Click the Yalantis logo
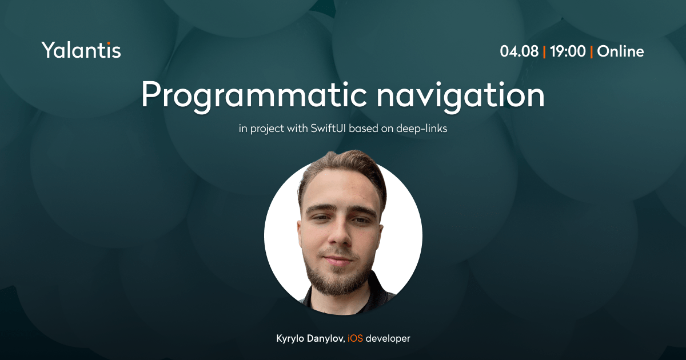[81, 50]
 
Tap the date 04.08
[519, 51]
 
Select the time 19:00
[568, 51]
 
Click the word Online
[620, 51]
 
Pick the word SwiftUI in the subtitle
[328, 128]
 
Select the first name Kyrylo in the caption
[290, 339]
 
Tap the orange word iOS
[355, 338]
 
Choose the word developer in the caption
[388, 339]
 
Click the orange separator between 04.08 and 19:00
[544, 51]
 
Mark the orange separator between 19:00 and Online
[591, 51]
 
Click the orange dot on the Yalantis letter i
[109, 43]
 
